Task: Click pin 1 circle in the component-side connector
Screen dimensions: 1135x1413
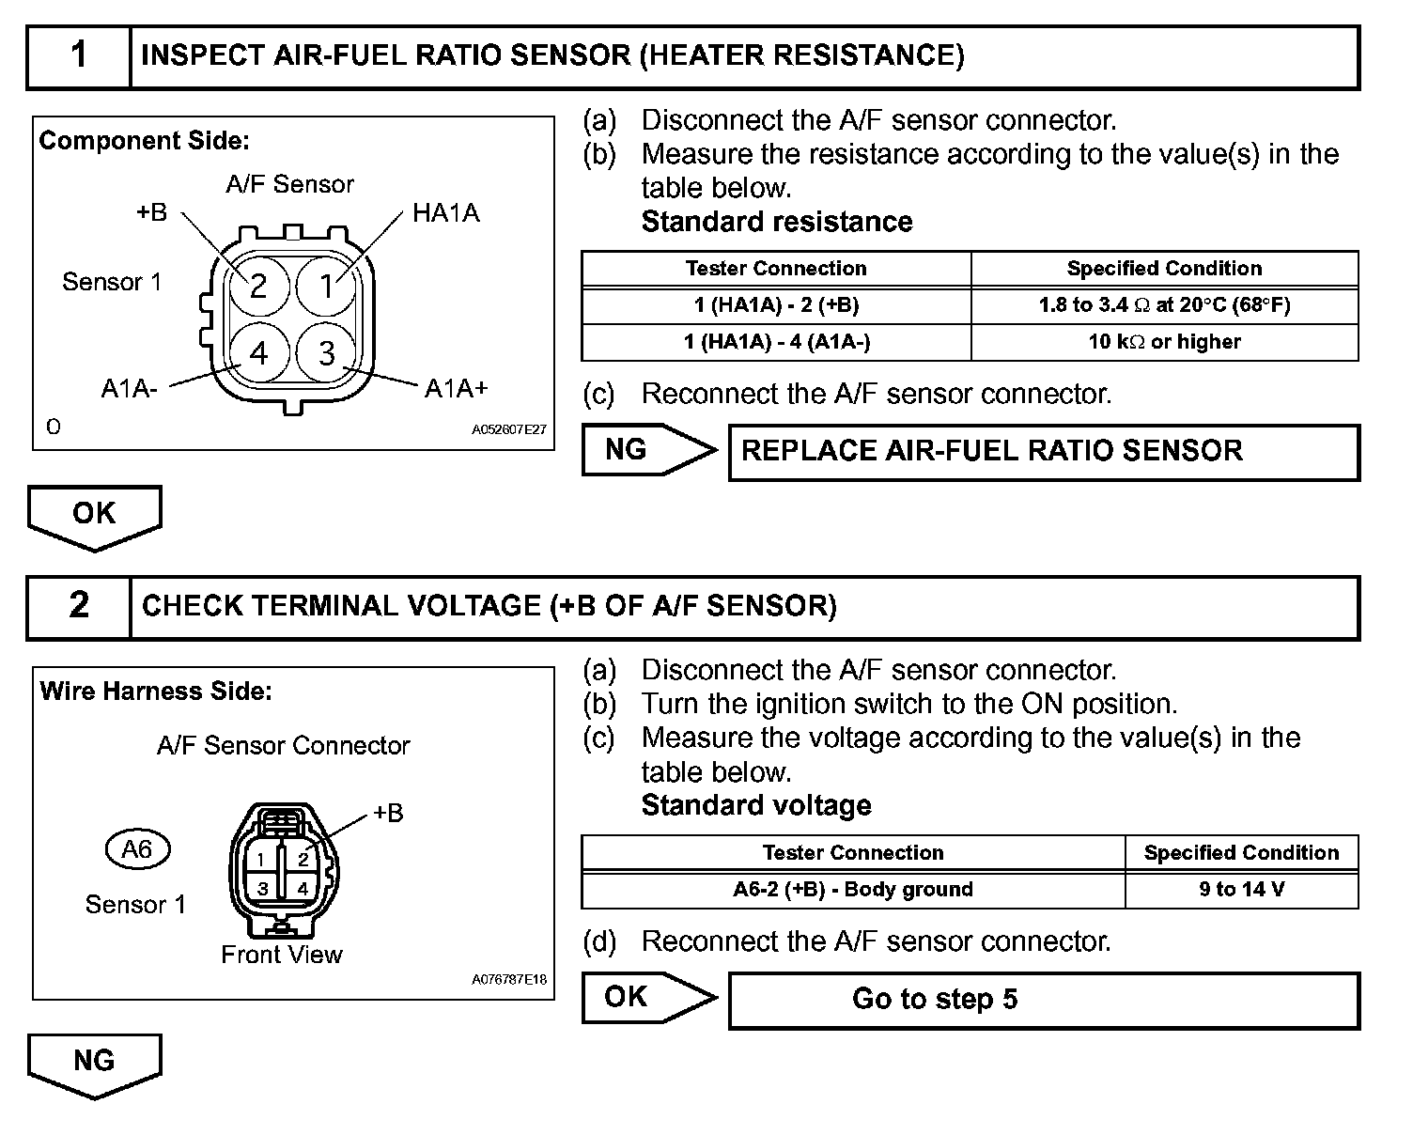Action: coord(327,285)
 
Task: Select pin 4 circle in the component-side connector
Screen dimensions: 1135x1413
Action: coord(258,352)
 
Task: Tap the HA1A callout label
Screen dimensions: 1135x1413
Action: coord(445,213)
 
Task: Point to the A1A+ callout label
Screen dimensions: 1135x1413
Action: coord(456,388)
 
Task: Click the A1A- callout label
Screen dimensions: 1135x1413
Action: coord(130,388)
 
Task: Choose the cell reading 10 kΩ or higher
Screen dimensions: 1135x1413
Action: coord(1164,342)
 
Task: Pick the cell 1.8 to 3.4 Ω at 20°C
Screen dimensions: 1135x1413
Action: coord(1164,305)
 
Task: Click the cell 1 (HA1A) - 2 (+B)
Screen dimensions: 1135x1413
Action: coord(776,305)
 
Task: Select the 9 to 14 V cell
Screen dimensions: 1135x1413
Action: coord(1241,890)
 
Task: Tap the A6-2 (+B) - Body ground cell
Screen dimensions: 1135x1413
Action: coord(853,890)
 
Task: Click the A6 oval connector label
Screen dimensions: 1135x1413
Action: coord(137,849)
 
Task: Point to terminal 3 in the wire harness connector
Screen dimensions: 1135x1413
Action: coord(263,888)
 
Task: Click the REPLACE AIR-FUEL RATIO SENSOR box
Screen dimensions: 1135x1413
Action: coord(1043,452)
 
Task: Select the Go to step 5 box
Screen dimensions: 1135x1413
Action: coord(1043,1000)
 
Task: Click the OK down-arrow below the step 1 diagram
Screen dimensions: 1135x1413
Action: coord(94,516)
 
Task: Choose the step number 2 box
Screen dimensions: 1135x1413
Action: coord(79,606)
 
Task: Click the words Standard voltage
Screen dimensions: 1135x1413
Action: coord(756,805)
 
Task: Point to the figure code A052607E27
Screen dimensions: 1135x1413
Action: coord(508,430)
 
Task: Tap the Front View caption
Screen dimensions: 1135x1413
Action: coord(282,955)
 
